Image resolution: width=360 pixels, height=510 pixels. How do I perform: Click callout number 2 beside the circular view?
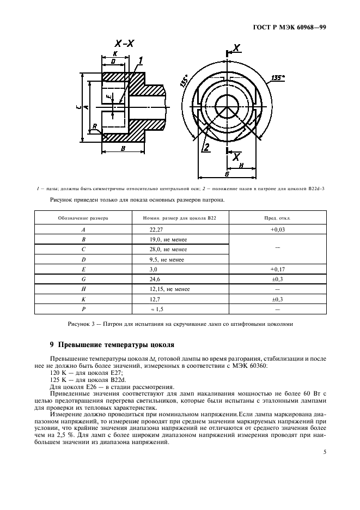pyautogui.click(x=206, y=147)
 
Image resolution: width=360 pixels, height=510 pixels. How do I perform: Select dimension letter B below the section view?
pyautogui.click(x=123, y=148)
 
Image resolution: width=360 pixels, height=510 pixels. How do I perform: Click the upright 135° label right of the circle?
pyautogui.click(x=278, y=78)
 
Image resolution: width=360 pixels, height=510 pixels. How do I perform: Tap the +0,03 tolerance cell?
pyautogui.click(x=278, y=230)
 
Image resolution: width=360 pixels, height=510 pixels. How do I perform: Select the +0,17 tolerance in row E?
pyautogui.click(x=278, y=269)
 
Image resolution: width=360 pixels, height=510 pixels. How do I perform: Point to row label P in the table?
pyautogui.click(x=83, y=308)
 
